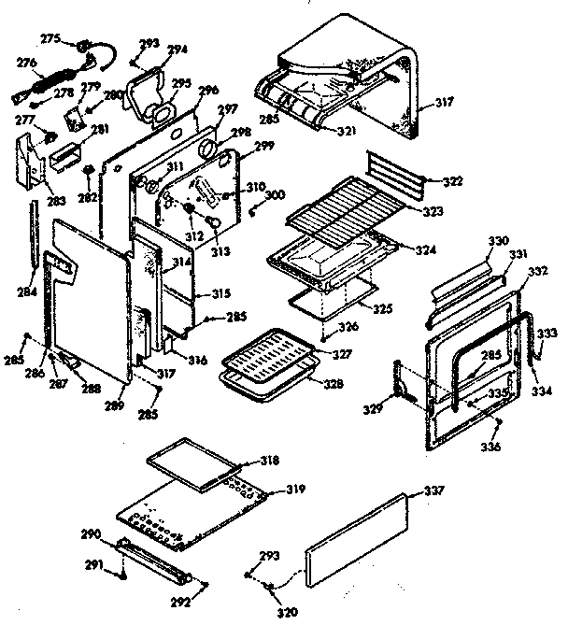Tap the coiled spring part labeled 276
point(42,86)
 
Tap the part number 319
point(296,489)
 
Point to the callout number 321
point(347,131)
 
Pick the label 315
point(220,294)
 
